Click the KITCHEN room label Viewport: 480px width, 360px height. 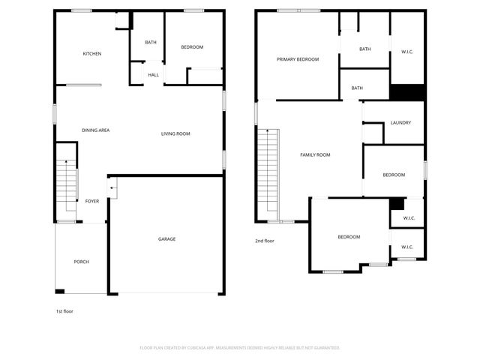(91, 54)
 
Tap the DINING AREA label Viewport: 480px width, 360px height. (96, 130)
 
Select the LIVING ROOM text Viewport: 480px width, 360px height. (175, 134)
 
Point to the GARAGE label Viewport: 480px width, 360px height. (166, 239)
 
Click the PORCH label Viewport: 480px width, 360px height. (81, 262)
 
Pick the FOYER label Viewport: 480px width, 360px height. (91, 201)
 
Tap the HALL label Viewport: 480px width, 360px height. (153, 75)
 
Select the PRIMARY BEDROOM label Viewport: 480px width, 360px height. (297, 59)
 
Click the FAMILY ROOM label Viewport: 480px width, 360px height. (315, 155)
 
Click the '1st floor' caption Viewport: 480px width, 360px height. (64, 311)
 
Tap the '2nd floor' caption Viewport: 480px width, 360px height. (265, 241)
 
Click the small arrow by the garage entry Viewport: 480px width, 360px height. (112, 187)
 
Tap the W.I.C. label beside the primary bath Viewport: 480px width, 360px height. (407, 52)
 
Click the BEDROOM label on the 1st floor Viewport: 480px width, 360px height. (192, 47)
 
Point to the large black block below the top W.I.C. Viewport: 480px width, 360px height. (407, 91)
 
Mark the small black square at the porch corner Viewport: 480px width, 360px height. (60, 291)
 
